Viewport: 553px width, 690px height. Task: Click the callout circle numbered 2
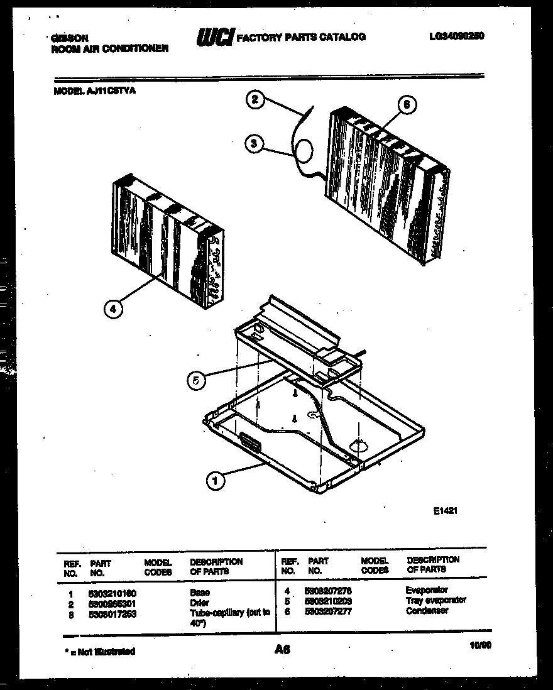(255, 100)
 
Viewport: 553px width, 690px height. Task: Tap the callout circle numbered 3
(254, 143)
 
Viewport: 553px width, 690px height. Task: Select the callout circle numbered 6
(407, 106)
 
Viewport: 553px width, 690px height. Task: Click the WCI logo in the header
(214, 38)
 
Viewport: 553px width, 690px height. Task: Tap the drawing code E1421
(445, 511)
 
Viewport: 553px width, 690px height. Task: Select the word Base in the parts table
(200, 593)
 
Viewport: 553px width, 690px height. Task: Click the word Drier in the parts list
(200, 603)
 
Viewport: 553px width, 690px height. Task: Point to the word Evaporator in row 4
(427, 590)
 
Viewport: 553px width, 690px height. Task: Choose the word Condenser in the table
(427, 610)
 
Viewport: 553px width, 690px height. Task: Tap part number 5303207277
(328, 610)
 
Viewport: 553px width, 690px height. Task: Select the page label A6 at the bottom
(282, 651)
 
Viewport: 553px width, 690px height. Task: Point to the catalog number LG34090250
(452, 36)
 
